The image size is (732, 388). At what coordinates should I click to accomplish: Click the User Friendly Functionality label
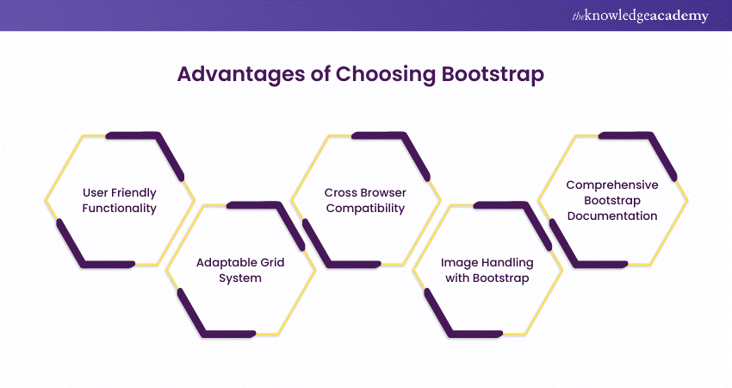[x=119, y=200]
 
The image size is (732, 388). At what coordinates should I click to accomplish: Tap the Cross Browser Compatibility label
[x=365, y=200]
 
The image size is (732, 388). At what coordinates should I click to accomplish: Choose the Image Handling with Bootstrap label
[x=487, y=270]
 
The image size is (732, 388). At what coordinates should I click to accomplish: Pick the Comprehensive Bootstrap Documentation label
[x=612, y=200]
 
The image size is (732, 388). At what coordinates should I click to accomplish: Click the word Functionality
[x=119, y=208]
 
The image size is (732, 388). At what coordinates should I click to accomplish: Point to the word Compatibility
[x=365, y=208]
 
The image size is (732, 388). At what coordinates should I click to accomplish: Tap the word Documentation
[x=612, y=216]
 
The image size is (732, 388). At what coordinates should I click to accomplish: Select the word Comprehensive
[x=612, y=185]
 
